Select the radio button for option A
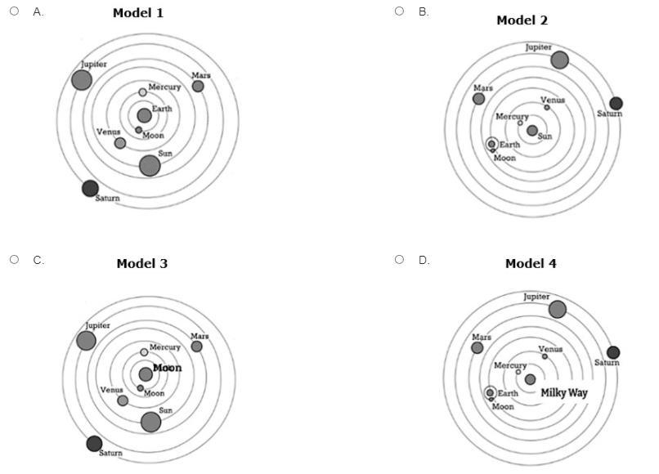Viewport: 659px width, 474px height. point(15,11)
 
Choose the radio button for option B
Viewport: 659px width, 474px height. point(400,11)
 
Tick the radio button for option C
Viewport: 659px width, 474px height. point(15,260)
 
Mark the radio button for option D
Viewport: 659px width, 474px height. point(400,260)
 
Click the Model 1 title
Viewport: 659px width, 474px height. point(137,14)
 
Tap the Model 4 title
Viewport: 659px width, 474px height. point(531,263)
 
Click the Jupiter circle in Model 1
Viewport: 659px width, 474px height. point(82,80)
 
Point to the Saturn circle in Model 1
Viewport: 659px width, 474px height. point(90,188)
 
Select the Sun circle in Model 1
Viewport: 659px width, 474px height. point(149,165)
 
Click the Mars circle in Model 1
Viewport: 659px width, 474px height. point(198,86)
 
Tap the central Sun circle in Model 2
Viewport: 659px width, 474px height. point(532,131)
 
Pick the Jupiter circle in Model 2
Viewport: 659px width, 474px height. point(559,60)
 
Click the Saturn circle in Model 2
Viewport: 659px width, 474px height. point(616,103)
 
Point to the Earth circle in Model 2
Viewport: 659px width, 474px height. point(491,144)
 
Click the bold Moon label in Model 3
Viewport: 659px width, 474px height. point(168,369)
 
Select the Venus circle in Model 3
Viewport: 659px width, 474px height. point(123,400)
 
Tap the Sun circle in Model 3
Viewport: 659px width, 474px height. point(150,422)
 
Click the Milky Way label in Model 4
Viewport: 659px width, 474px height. point(564,393)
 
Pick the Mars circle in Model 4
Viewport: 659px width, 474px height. point(477,348)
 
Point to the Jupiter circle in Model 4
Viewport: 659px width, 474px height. point(558,309)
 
